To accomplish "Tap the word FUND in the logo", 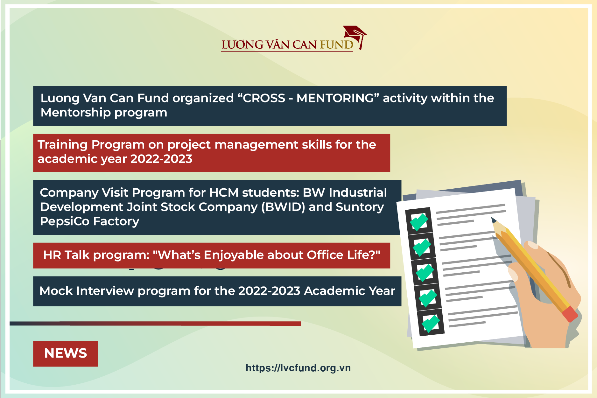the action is point(336,45).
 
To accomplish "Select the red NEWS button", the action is point(66,353).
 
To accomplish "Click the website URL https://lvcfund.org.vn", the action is point(298,368).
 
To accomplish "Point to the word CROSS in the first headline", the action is point(264,98).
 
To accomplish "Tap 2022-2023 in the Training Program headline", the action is point(161,159).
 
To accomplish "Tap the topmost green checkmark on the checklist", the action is point(419,222).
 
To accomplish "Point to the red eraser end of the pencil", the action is point(570,314).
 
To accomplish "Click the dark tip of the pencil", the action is point(494,220).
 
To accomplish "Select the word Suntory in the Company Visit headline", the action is point(360,207).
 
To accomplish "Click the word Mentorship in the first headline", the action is point(76,113).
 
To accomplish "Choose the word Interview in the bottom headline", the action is point(105,291).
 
